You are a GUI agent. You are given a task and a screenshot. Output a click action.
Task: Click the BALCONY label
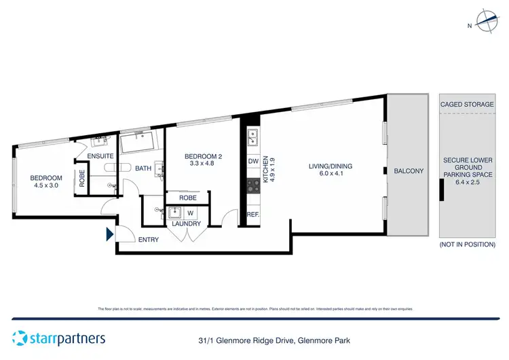coord(409,171)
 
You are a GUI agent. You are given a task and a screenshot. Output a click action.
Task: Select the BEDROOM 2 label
coord(204,156)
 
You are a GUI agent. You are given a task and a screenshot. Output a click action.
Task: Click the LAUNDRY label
coord(186,223)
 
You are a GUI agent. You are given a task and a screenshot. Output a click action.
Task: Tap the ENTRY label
coord(149,239)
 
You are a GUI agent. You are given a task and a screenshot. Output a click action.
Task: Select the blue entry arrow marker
coord(109,235)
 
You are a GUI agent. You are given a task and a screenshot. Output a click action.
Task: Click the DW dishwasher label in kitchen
coord(252,162)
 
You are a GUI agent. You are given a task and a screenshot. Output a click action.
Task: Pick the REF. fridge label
coord(253,214)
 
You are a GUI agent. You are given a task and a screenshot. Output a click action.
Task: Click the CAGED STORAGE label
coord(467,105)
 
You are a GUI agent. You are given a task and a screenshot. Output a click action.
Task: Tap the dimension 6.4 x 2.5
coord(467,183)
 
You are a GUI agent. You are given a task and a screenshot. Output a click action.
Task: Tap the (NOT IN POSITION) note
coord(467,244)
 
